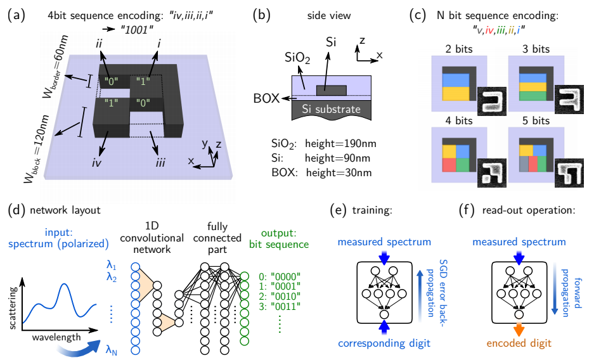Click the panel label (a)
coord(14,13)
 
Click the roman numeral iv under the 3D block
coord(96,163)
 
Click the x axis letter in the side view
coord(379,56)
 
